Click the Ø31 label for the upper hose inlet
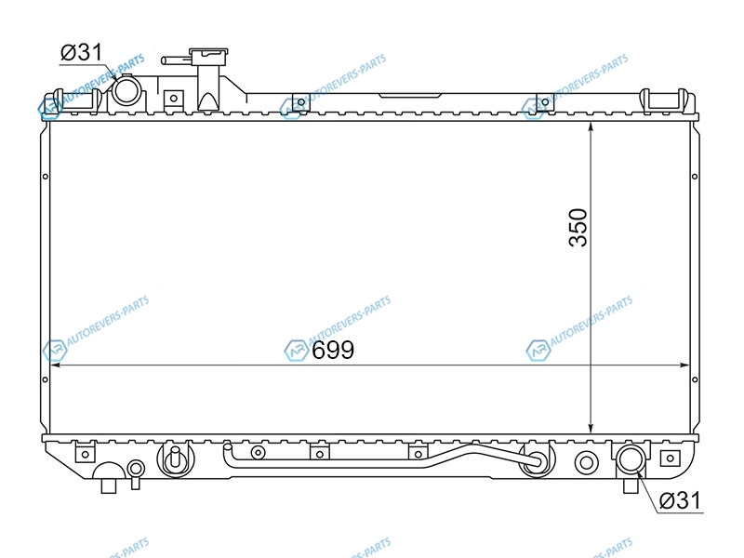81,52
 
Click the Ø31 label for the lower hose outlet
680,500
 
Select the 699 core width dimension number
333,351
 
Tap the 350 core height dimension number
578,227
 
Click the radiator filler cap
208,53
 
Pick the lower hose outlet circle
631,458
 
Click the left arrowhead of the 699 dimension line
55,365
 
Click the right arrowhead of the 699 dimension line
684,365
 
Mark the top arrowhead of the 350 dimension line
591,126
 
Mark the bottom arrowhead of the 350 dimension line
591,429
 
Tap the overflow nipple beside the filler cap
177,60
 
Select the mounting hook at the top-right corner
663,101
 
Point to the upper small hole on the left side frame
45,177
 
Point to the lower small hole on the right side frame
695,379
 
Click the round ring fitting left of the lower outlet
587,462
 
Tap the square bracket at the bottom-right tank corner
670,458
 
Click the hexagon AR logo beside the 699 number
296,351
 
